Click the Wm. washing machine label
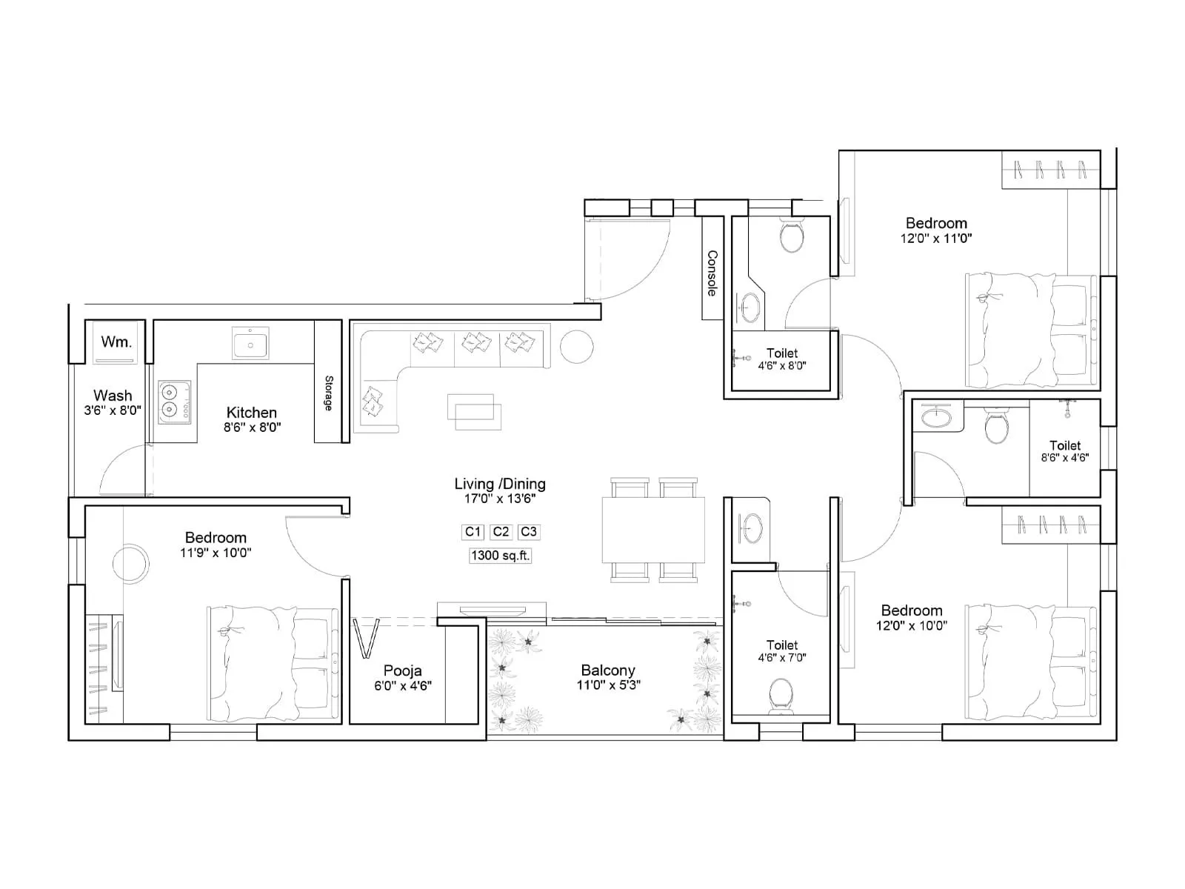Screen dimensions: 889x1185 click(116, 342)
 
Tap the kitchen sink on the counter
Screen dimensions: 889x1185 click(250, 344)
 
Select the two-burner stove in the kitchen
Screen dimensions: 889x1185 click(174, 402)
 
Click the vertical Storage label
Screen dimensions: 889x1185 click(329, 393)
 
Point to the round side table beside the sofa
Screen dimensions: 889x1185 click(576, 346)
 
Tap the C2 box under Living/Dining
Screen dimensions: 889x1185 click(501, 532)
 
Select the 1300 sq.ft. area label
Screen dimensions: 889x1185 click(501, 556)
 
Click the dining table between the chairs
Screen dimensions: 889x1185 click(653, 530)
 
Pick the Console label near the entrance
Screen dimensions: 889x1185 click(712, 273)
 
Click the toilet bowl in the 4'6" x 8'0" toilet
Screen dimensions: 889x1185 click(792, 236)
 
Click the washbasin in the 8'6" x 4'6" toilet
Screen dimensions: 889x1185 click(937, 417)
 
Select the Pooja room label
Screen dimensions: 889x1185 click(402, 670)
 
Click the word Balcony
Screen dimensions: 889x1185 click(608, 670)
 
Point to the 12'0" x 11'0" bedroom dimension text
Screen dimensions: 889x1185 click(936, 239)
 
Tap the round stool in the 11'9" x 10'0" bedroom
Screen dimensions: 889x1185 click(130, 563)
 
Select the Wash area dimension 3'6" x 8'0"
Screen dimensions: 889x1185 click(113, 410)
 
